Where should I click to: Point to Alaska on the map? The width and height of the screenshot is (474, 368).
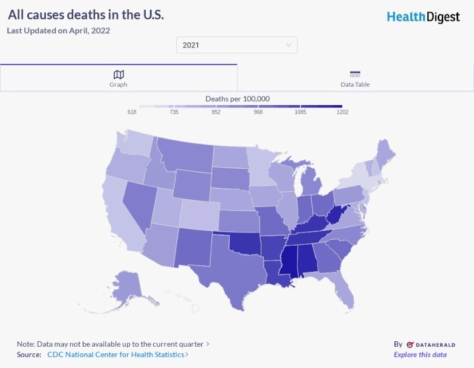[x=125, y=285]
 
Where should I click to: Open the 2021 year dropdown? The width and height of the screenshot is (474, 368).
[x=237, y=45]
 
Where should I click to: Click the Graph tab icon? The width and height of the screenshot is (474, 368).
[x=118, y=74]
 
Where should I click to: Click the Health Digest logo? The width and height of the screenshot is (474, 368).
[x=423, y=16]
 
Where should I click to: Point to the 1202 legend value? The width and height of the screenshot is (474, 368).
[x=342, y=112]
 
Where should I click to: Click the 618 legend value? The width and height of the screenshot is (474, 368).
[x=132, y=112]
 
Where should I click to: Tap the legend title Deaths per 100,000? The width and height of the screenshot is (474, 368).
[x=237, y=98]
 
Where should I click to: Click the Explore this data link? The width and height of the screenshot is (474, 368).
[x=420, y=355]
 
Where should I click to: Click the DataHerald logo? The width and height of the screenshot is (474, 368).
[x=430, y=344]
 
